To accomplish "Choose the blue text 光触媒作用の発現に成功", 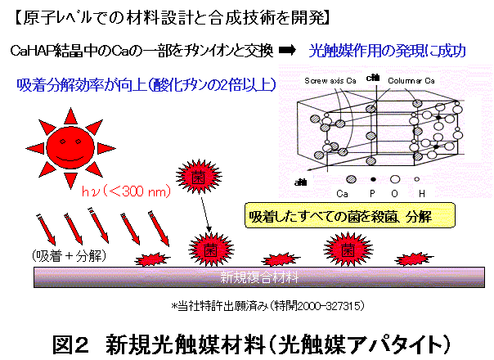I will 388,51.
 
